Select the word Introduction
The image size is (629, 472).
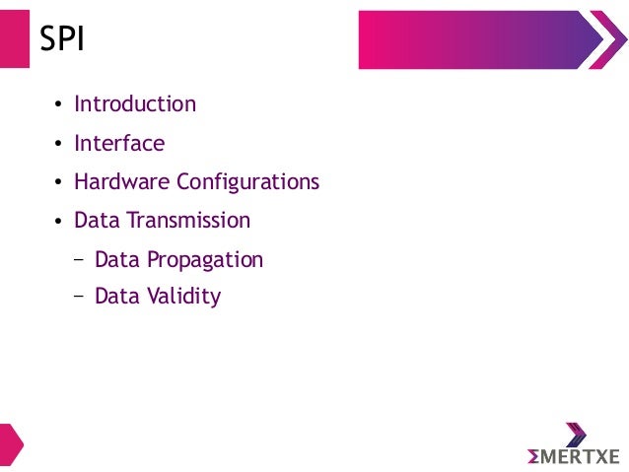point(135,103)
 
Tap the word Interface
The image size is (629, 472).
point(119,143)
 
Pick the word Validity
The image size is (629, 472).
point(184,296)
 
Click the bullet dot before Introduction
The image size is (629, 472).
point(58,105)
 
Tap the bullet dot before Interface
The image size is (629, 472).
point(58,145)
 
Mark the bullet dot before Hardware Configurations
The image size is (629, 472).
point(58,184)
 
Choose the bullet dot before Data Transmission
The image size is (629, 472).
point(58,223)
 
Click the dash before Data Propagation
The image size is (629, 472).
point(79,261)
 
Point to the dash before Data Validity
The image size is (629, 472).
point(79,297)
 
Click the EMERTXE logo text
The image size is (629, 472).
point(573,456)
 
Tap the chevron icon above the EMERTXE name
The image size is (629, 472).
point(576,434)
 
